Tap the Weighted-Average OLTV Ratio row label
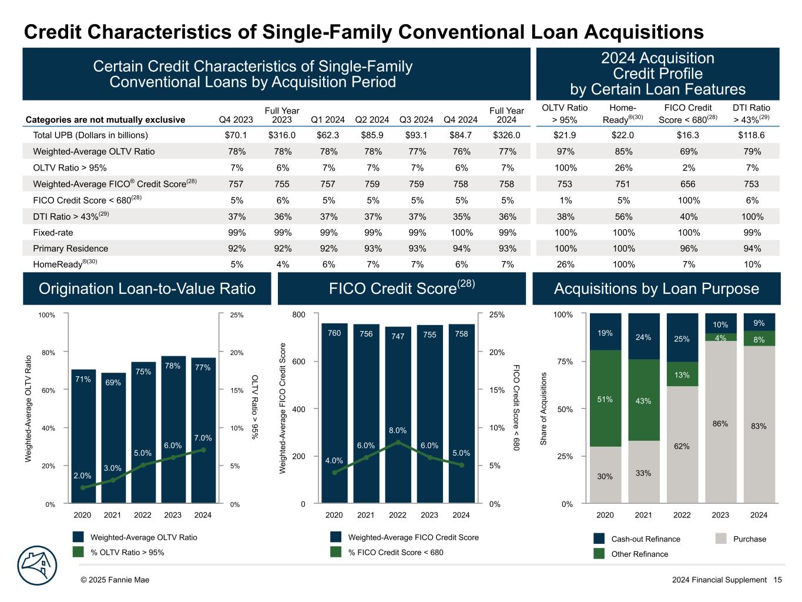click(x=93, y=152)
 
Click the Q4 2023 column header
click(x=236, y=120)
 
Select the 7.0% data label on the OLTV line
click(x=203, y=438)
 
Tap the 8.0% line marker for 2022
click(x=398, y=442)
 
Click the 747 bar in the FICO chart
click(x=398, y=417)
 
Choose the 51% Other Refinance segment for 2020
click(x=605, y=399)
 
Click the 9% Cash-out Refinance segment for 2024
click(x=759, y=322)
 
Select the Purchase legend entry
click(x=741, y=539)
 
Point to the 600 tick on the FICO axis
click(x=299, y=362)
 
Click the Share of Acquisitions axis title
click(x=544, y=408)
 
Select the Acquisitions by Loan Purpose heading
click(x=656, y=289)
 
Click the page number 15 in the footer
click(x=777, y=580)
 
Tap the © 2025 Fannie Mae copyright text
click(x=115, y=580)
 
